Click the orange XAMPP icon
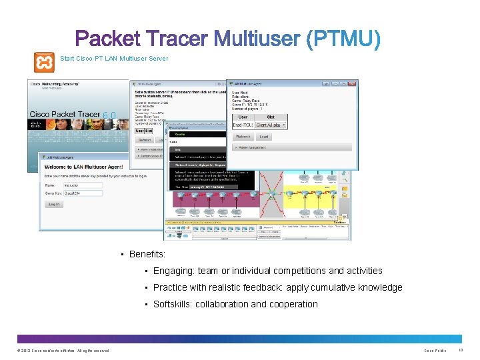click(x=45, y=62)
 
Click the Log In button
click(x=54, y=204)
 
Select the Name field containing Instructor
click(x=83, y=185)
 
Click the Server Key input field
click(x=83, y=193)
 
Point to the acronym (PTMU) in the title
click(x=344, y=39)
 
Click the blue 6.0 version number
click(x=110, y=115)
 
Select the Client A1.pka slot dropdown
click(x=271, y=125)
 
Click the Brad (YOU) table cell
click(x=242, y=125)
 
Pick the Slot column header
click(x=271, y=117)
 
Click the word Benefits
click(x=147, y=254)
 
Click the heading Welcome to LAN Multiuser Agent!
click(x=85, y=167)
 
